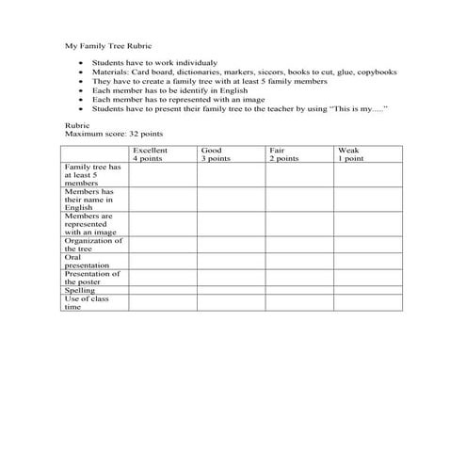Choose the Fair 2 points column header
[284, 154]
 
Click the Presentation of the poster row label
[92, 278]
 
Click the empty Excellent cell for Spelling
[162, 291]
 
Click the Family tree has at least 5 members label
[92, 174]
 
